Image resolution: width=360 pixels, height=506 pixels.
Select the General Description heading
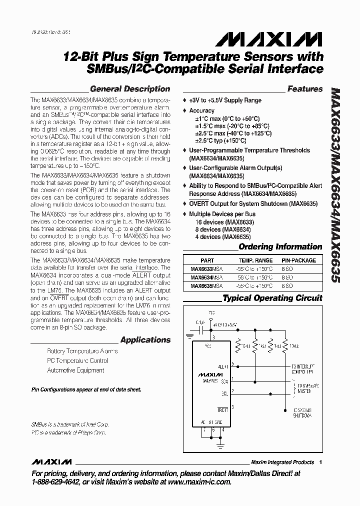(x=129, y=89)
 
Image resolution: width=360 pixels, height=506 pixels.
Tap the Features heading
(x=304, y=89)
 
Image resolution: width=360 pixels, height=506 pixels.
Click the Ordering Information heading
(x=280, y=246)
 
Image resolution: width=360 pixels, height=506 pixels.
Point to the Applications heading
(x=145, y=340)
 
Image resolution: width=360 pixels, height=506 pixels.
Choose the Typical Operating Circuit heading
(x=272, y=298)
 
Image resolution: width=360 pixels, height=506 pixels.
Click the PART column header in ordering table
(x=207, y=260)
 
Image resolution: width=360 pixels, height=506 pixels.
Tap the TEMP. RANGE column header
(x=255, y=260)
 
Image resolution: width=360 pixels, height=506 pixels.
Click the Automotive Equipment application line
(x=75, y=370)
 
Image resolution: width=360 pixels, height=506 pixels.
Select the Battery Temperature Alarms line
(x=82, y=351)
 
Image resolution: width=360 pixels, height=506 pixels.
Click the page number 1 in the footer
(x=320, y=462)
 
